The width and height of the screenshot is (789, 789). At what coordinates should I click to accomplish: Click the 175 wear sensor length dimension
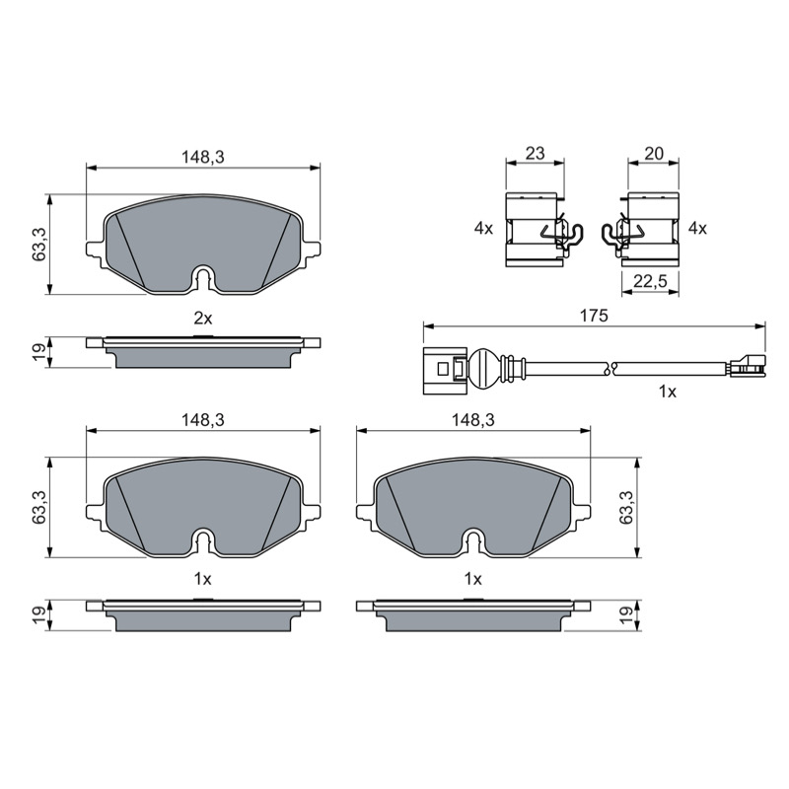(594, 316)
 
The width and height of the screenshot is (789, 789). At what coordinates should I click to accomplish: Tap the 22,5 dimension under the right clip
(650, 281)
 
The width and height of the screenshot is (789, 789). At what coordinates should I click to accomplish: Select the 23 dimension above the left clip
(535, 153)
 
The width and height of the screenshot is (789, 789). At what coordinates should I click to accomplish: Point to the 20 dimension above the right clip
(654, 153)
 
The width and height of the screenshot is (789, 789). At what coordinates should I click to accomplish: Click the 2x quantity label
(203, 318)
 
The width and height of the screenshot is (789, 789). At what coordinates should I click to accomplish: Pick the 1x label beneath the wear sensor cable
(668, 392)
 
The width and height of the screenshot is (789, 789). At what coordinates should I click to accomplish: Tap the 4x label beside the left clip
(483, 229)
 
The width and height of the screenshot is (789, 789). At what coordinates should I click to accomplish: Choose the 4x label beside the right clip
(697, 229)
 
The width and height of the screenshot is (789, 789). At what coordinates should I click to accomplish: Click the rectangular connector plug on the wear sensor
(446, 371)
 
